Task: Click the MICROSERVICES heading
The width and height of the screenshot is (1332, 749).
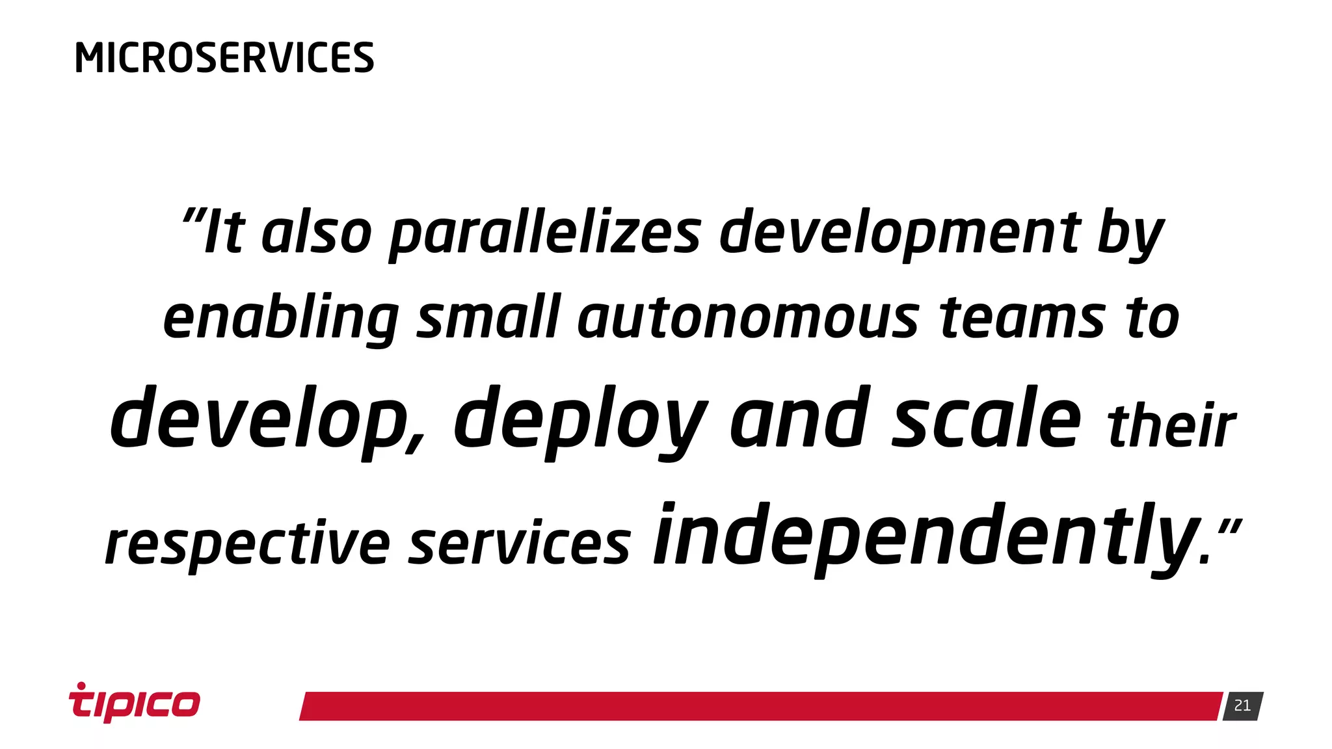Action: (224, 58)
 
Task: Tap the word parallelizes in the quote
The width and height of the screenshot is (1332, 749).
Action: (545, 234)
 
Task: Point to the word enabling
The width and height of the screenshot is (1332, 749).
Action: (280, 319)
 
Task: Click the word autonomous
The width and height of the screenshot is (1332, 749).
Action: (748, 319)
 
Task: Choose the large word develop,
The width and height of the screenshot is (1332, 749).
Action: (267, 419)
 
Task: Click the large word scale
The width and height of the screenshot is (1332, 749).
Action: (985, 419)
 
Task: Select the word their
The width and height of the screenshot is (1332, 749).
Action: (1171, 426)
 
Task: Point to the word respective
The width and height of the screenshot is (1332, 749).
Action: (247, 545)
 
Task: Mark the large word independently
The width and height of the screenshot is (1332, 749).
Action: (927, 536)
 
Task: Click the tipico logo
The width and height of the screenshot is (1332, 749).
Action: (135, 703)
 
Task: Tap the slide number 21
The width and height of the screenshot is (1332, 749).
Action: (1242, 706)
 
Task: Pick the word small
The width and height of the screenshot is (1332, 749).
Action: (488, 319)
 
